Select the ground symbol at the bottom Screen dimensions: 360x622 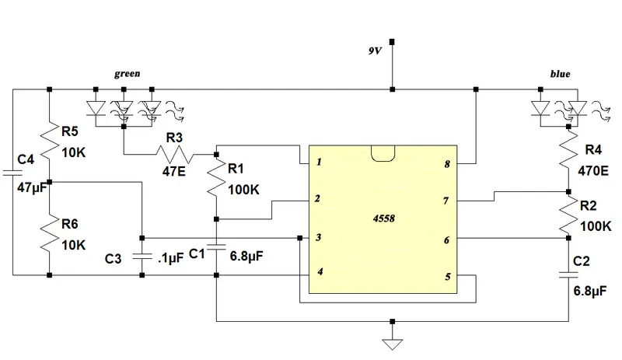click(393, 342)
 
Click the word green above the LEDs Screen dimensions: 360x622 click(127, 75)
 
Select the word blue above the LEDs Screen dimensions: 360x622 click(560, 75)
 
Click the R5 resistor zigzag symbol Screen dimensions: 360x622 click(48, 140)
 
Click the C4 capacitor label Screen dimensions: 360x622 click(26, 160)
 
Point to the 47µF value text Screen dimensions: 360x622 click(29, 187)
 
